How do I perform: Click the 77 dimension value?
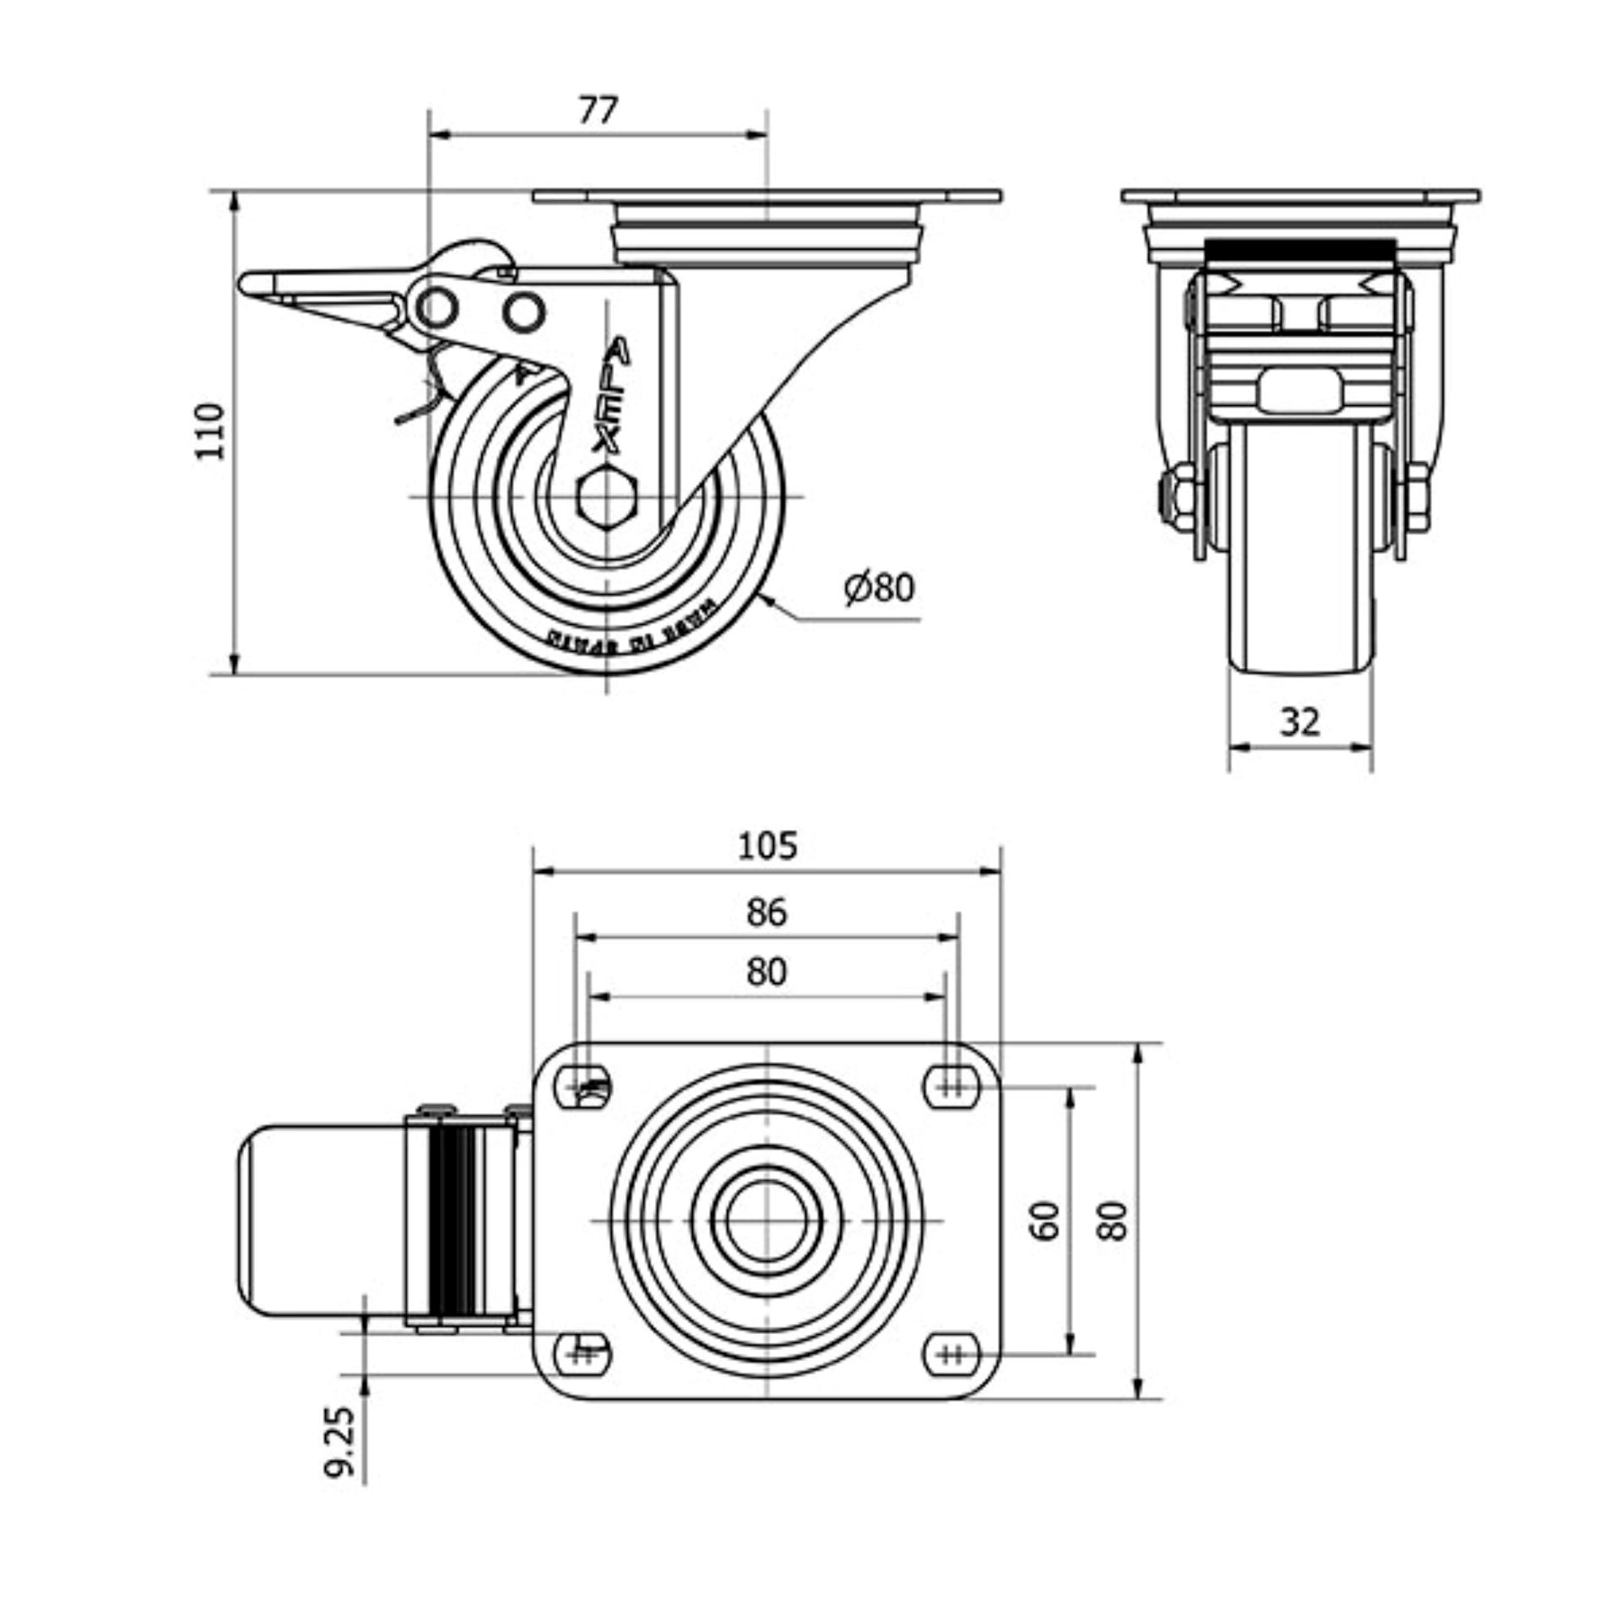[598, 111]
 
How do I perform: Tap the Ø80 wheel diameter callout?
[879, 588]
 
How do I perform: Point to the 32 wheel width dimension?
[1299, 722]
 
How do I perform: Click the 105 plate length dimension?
[767, 846]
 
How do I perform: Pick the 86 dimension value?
[767, 913]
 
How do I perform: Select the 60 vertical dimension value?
[1046, 1221]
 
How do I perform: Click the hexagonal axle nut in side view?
[607, 496]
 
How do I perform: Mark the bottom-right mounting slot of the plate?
[951, 1353]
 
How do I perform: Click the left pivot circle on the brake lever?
[437, 307]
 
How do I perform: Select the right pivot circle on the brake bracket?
[523, 312]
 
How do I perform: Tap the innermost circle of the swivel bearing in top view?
[766, 1220]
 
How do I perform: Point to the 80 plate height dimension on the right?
[1114, 1221]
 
